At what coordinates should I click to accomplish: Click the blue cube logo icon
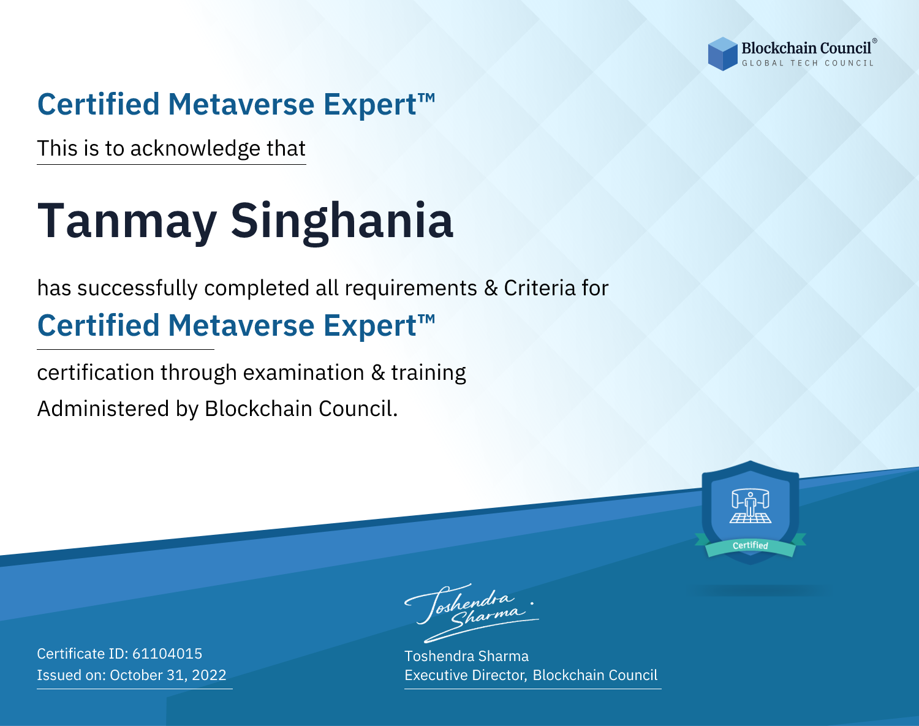click(x=722, y=54)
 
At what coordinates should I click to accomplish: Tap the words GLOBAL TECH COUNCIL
click(x=808, y=63)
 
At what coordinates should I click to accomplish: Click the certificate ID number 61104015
click(x=167, y=653)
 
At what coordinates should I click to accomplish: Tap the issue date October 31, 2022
click(x=168, y=675)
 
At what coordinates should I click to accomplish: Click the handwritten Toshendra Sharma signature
click(x=472, y=613)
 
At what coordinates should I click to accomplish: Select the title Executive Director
click(x=464, y=675)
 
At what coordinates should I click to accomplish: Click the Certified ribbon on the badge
click(x=751, y=546)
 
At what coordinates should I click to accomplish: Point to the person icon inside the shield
click(x=751, y=505)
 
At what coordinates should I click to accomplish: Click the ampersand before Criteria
click(x=491, y=288)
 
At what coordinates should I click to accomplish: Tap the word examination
click(x=303, y=373)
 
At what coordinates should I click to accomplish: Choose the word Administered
click(x=103, y=408)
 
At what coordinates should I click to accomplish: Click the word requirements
click(x=411, y=289)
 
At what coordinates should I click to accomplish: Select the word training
click(x=428, y=373)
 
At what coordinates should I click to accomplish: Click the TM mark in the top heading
click(x=426, y=98)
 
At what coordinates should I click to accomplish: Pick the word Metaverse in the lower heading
click(x=241, y=325)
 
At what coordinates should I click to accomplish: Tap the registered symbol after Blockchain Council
click(x=875, y=40)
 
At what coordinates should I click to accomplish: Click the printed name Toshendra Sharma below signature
click(x=466, y=656)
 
